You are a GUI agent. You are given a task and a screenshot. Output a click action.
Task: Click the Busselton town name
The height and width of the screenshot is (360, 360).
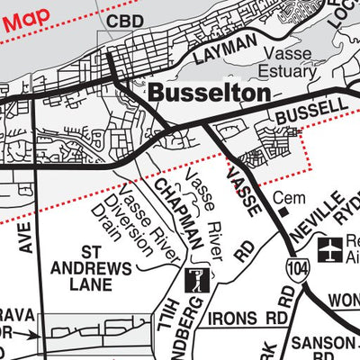pos(209,93)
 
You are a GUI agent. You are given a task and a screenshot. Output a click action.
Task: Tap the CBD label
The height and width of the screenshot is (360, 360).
pos(125,21)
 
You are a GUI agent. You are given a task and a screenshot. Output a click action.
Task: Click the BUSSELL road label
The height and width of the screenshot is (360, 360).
pos(310,112)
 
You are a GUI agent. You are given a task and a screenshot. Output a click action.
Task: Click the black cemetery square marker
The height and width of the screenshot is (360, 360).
pos(283,212)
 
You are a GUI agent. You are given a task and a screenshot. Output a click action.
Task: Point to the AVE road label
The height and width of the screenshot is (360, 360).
pos(26,238)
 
